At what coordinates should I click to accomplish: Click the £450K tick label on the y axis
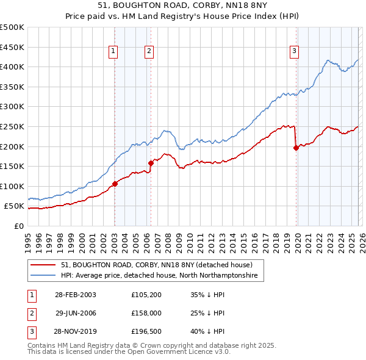point(12,47)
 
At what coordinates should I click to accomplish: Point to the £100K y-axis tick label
point(12,186)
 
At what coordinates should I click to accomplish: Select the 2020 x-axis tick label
point(296,240)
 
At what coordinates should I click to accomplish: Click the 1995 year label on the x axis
point(27,240)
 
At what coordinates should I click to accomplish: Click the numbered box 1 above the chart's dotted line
point(114,52)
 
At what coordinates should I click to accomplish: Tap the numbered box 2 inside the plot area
point(149,52)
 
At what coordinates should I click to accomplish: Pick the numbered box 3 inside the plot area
point(294,52)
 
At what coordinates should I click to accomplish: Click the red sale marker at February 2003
point(115,184)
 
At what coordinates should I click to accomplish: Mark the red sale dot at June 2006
point(151,162)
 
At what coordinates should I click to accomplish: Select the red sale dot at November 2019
point(296,147)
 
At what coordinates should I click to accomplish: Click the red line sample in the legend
point(43,265)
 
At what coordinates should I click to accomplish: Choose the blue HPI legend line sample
point(43,276)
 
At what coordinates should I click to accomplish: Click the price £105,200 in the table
point(146,295)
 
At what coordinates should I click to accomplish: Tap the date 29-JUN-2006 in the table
point(76,313)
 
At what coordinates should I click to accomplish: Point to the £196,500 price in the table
point(146,331)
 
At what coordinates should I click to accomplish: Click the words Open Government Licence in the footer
point(184,352)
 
